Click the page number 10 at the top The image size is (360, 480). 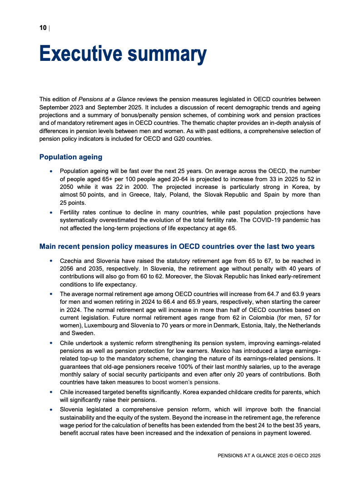click(x=43, y=28)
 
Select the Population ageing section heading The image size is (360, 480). click(x=71, y=157)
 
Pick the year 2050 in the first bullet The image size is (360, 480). click(x=68, y=187)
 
